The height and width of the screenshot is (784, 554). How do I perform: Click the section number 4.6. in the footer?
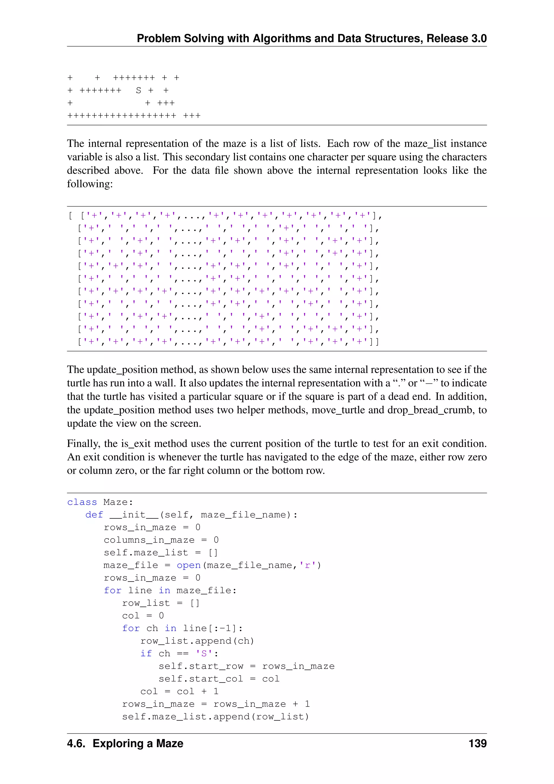pyautogui.click(x=76, y=743)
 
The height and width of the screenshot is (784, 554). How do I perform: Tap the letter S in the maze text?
pyautogui.click(x=138, y=90)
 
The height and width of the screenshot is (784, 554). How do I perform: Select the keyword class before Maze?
pyautogui.click(x=82, y=502)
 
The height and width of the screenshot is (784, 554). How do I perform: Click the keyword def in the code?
pyautogui.click(x=94, y=515)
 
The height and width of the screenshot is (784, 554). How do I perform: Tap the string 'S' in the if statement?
pyautogui.click(x=204, y=654)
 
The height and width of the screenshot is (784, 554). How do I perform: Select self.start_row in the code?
pyautogui.click(x=201, y=666)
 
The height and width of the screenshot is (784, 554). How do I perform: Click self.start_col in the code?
pyautogui.click(x=201, y=679)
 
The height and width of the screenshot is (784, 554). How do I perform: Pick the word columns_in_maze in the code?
pyautogui.click(x=149, y=540)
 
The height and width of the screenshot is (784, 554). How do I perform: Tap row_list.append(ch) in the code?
pyautogui.click(x=197, y=641)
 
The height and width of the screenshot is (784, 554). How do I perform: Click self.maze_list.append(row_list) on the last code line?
pyautogui.click(x=216, y=717)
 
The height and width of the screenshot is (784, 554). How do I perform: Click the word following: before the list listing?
pyautogui.click(x=90, y=184)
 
